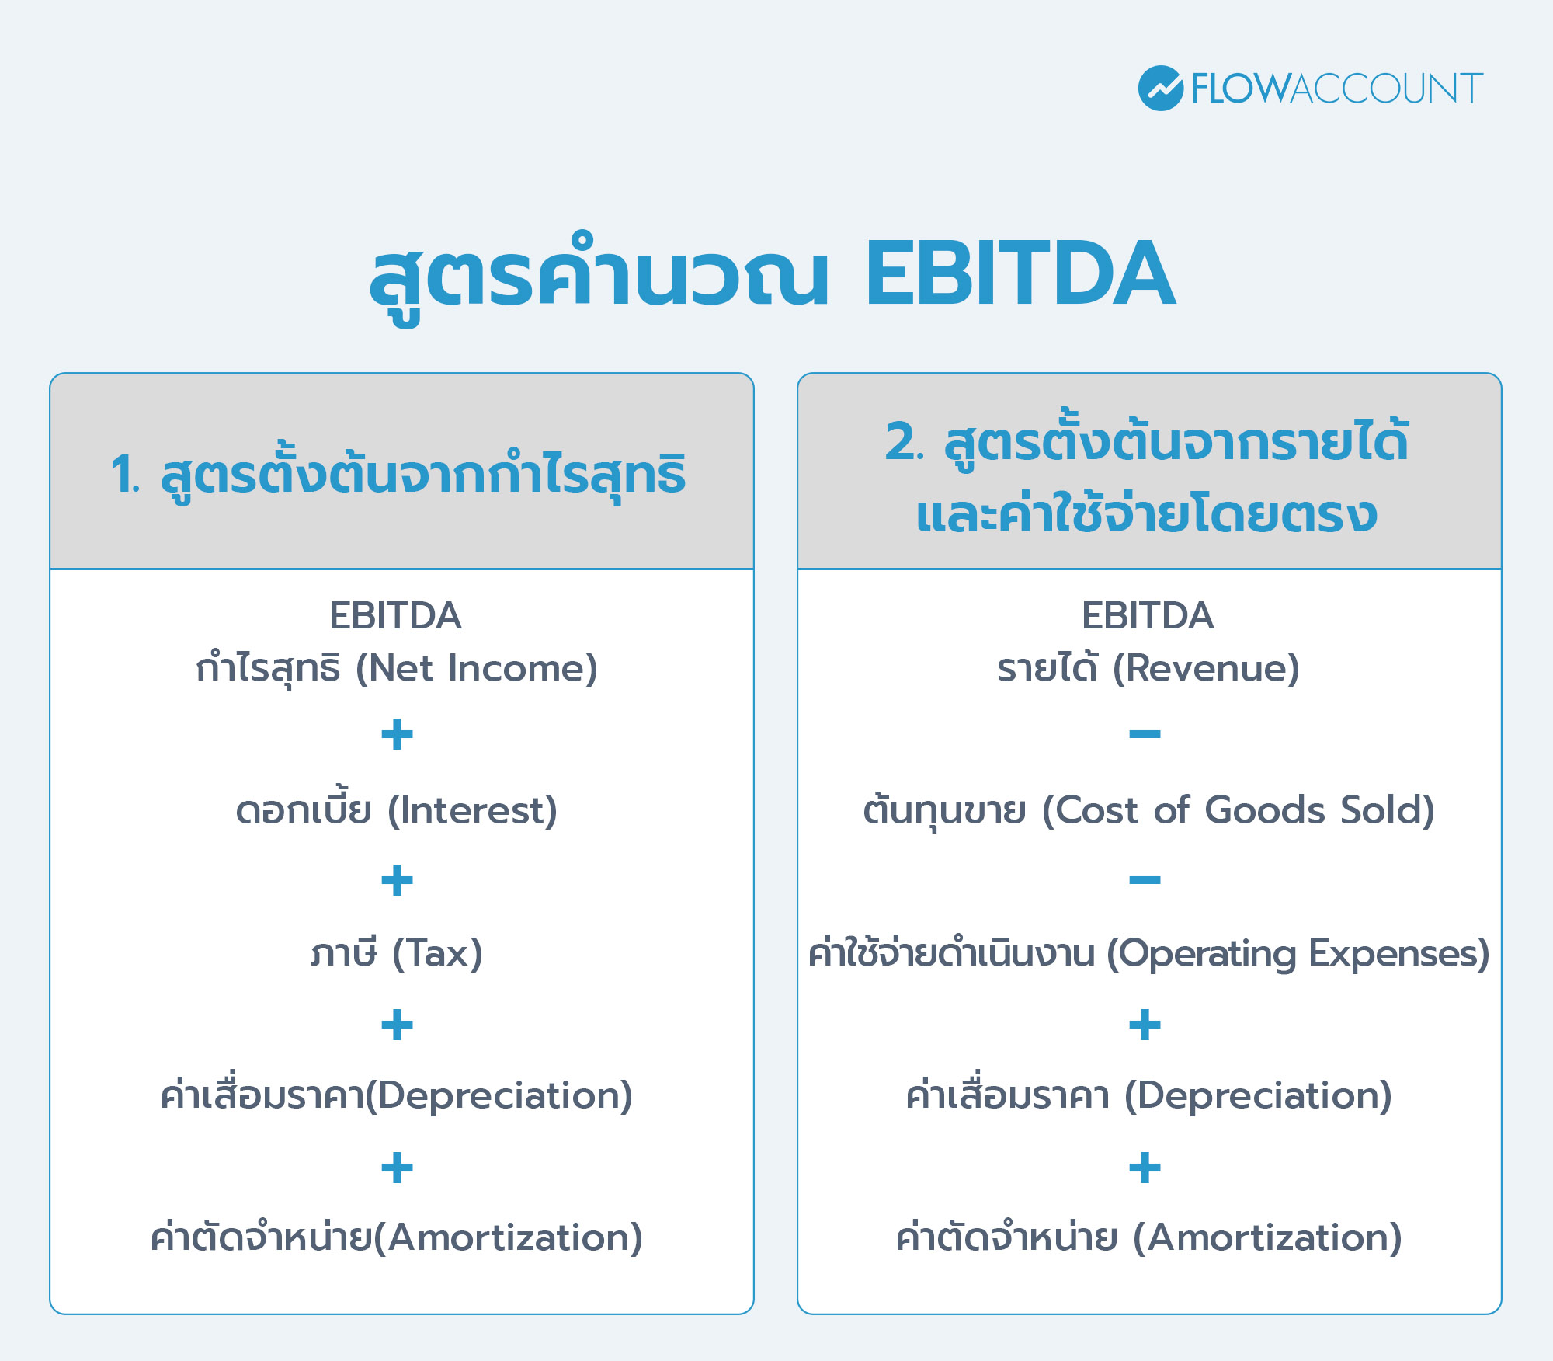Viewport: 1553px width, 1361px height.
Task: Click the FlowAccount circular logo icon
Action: pos(1160,88)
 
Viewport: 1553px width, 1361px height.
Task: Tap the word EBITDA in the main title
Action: pos(1020,274)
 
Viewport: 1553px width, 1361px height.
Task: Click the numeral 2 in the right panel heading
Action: pos(902,442)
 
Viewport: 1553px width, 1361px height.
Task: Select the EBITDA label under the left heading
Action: pos(395,616)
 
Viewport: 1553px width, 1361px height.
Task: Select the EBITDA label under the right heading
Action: pos(1148,616)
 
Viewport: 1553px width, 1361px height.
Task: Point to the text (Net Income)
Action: pos(476,668)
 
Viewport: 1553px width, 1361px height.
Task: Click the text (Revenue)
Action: pos(1206,668)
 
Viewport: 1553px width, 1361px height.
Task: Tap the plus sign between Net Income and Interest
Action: pos(397,734)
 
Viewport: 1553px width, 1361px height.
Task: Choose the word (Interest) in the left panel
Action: pos(472,810)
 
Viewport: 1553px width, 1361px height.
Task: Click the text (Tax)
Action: pos(437,953)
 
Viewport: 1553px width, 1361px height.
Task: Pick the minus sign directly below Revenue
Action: pos(1145,734)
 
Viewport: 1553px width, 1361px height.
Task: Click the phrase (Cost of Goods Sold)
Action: pos(1238,810)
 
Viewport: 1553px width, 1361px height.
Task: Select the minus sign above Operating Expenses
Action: pos(1145,880)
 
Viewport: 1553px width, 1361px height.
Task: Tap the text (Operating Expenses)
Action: pos(1298,953)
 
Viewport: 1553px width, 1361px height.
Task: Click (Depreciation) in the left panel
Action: pos(499,1095)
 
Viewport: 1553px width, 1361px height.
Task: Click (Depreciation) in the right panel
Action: pos(1258,1095)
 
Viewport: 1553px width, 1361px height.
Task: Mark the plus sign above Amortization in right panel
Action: pos(1145,1168)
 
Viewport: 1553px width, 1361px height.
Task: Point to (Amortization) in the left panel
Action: pos(508,1237)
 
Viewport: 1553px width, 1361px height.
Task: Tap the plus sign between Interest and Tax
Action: pos(397,880)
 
